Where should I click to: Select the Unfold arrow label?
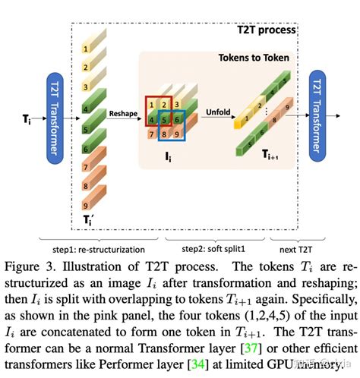218,112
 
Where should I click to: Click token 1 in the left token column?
87,48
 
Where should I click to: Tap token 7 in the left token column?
88,165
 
